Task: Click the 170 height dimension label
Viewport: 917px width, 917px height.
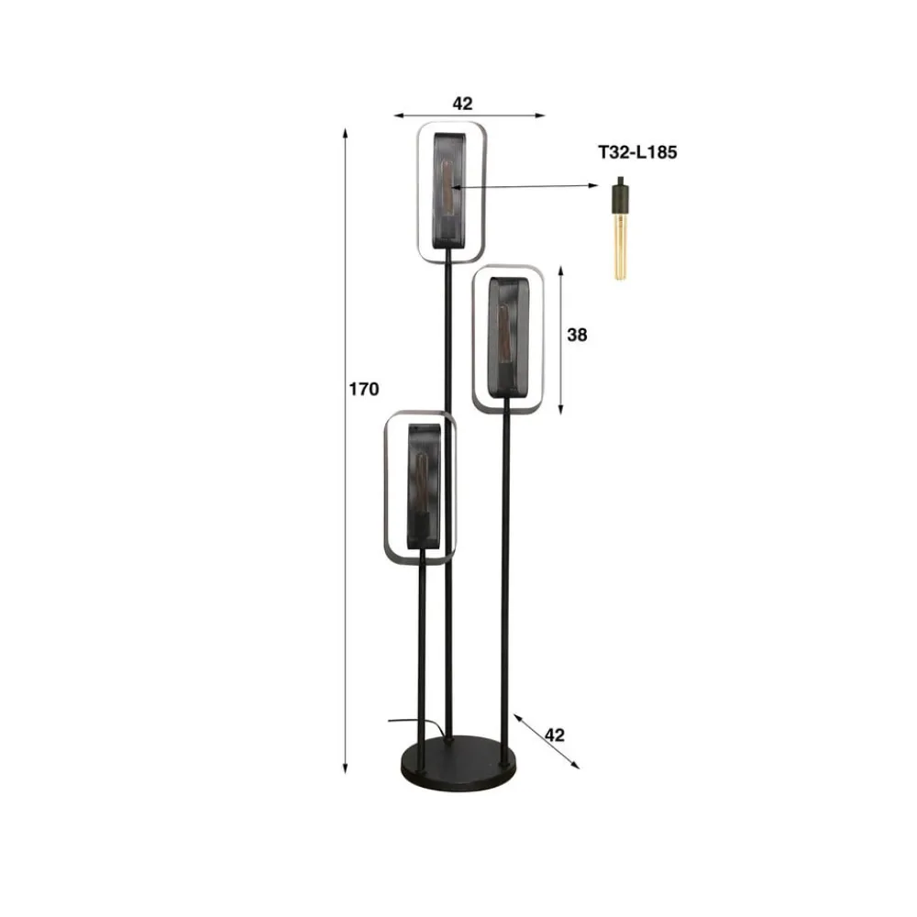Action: coord(363,389)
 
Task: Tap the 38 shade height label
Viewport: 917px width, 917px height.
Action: coord(576,335)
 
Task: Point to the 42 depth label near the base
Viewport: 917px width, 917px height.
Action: coord(554,734)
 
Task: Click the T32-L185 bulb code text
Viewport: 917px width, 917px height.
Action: coord(637,153)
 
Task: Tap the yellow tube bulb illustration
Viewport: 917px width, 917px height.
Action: coord(622,243)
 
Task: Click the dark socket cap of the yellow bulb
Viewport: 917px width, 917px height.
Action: coord(622,193)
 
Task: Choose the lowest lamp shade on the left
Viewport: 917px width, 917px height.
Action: coord(419,486)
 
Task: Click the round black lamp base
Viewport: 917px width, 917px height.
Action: coord(453,763)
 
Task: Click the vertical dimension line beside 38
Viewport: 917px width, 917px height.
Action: coord(560,339)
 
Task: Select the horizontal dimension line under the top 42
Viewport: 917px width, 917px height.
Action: coord(470,115)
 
